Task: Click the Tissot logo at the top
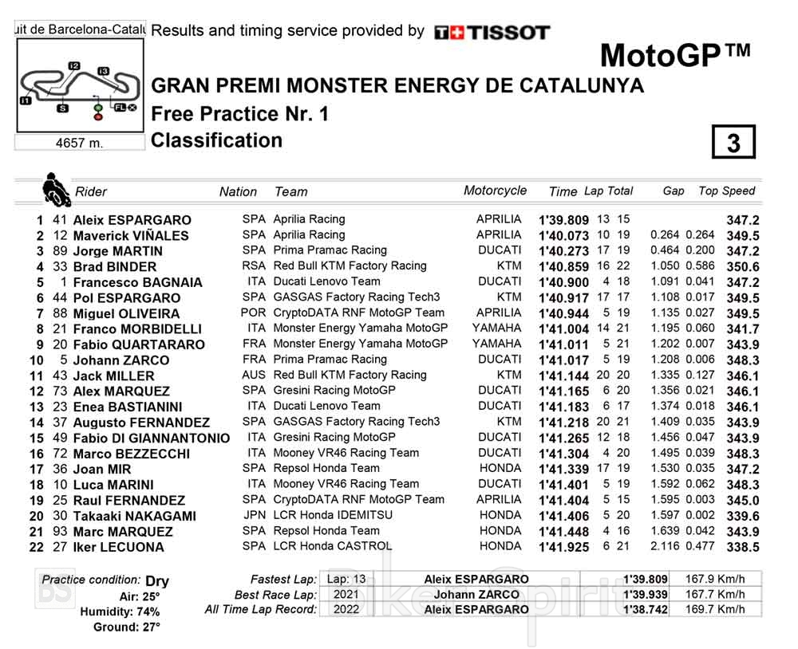[492, 33]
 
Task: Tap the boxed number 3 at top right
[733, 143]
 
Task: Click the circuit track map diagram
[79, 87]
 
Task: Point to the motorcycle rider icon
[54, 189]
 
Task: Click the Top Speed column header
[726, 191]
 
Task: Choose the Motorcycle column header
[495, 191]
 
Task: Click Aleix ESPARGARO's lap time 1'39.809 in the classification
[563, 220]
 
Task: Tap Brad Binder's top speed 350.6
[742, 266]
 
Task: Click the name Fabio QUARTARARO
[139, 344]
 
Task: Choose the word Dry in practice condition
[157, 581]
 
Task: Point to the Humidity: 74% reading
[119, 612]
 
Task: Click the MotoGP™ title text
[674, 56]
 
